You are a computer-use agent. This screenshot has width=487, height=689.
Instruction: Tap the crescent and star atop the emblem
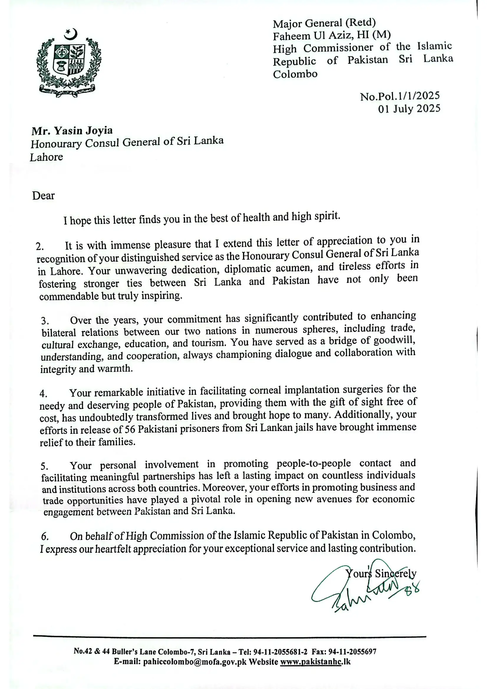coord(71,34)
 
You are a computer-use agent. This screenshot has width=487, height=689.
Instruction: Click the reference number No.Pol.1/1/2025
coord(400,96)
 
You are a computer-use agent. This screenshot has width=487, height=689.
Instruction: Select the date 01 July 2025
coord(409,109)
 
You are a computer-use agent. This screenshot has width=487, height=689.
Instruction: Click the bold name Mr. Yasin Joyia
coord(72,131)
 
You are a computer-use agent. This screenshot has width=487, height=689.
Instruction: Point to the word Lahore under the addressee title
coord(47,157)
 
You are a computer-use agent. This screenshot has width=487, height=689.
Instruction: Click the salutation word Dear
coord(44,196)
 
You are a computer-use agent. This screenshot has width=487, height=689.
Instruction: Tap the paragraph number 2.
coord(39,247)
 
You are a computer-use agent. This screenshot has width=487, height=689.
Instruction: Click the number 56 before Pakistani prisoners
coord(130,429)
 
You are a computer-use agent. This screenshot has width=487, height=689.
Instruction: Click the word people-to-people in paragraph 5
coord(313,463)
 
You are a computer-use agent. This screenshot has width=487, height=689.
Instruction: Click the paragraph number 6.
coord(45,536)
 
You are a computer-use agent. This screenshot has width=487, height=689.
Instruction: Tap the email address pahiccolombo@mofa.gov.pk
coord(195,662)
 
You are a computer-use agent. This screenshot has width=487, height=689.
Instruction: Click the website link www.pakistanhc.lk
coord(315,662)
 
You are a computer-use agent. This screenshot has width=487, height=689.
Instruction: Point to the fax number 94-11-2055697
coord(352,652)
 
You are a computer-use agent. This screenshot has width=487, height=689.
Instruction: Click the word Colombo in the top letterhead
coord(295,74)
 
